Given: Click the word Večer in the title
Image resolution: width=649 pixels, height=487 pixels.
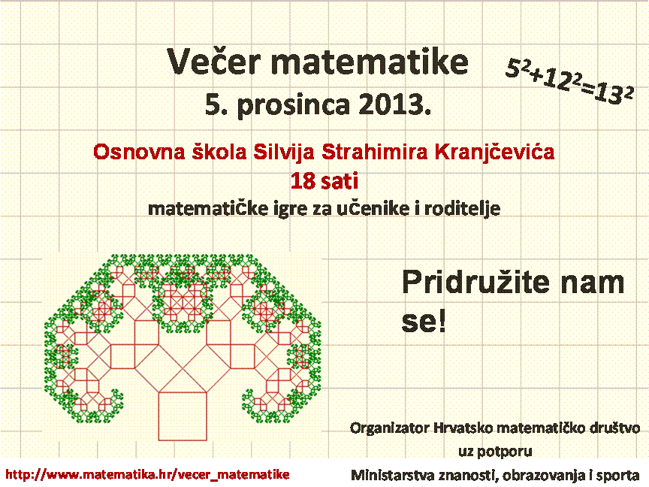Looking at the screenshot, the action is click(214, 62).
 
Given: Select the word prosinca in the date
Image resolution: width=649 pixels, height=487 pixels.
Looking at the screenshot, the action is click(294, 105).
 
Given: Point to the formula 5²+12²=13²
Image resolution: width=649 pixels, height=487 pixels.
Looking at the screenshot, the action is click(569, 81).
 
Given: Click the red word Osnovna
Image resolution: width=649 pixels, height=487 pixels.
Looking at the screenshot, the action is click(139, 152).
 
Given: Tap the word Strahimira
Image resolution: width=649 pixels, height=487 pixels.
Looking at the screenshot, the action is click(375, 152).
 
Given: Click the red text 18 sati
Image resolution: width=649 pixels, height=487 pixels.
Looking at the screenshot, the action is click(324, 181).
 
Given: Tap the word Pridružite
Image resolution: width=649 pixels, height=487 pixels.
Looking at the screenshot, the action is click(475, 283).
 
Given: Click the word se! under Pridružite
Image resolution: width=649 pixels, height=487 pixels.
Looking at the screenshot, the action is click(424, 322).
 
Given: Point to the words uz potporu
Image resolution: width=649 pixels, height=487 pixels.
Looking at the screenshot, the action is click(495, 451).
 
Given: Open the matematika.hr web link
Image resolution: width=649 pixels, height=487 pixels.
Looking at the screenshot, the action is click(147, 474).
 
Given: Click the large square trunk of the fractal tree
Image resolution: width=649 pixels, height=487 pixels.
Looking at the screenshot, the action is click(183, 416).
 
